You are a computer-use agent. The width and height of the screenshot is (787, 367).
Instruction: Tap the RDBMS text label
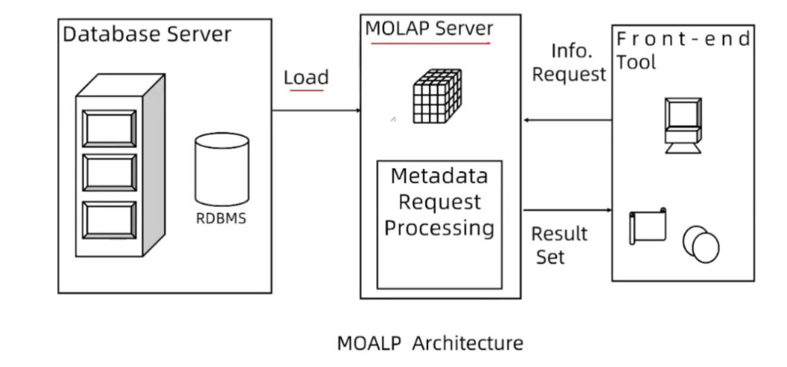click(221, 218)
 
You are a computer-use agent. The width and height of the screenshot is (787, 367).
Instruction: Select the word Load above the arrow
click(306, 77)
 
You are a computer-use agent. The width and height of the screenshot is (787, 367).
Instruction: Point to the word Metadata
click(439, 176)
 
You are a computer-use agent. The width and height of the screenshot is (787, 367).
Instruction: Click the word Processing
click(439, 228)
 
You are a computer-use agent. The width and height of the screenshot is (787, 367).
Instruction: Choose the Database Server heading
click(146, 34)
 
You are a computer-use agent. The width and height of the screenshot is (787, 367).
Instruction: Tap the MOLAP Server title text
click(429, 29)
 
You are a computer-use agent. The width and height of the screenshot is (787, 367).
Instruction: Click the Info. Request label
click(569, 62)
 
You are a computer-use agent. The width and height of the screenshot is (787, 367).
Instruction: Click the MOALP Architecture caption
click(430, 343)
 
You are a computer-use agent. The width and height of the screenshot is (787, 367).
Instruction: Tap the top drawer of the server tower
click(109, 128)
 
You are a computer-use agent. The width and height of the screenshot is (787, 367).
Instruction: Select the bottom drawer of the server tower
click(109, 219)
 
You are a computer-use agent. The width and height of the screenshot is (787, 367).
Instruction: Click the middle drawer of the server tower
click(109, 173)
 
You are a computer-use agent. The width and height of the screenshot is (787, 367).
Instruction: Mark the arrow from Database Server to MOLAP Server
click(316, 111)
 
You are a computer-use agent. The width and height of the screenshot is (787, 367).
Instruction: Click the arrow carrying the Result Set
click(567, 210)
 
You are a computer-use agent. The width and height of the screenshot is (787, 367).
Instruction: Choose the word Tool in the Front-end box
click(636, 62)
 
